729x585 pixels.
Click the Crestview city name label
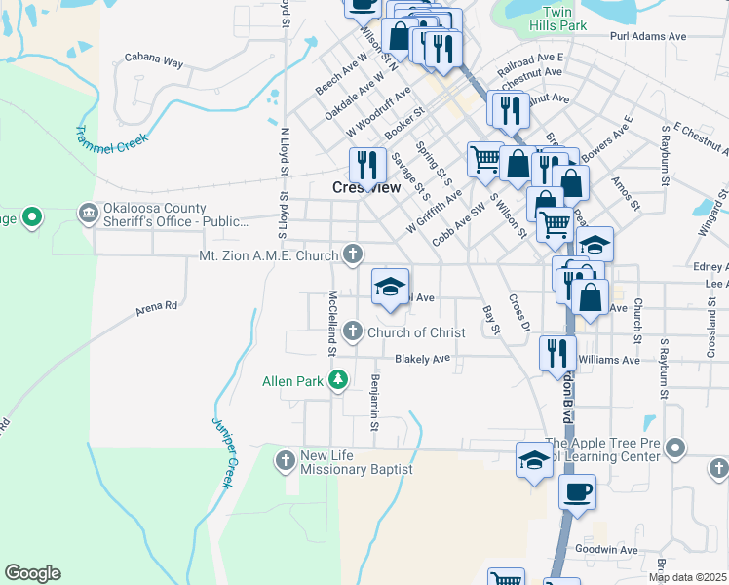(366, 187)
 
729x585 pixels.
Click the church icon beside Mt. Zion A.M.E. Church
(353, 254)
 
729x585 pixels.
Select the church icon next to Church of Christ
(353, 332)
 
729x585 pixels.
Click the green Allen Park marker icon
(338, 381)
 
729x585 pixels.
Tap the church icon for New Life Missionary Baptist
(286, 459)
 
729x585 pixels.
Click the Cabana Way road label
(154, 61)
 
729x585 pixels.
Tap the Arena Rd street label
(156, 306)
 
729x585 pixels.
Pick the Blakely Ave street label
(422, 359)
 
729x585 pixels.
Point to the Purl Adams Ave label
(648, 36)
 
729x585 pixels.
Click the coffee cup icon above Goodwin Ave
(577, 489)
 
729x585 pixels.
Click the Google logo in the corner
(32, 573)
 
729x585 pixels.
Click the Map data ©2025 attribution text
(687, 577)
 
